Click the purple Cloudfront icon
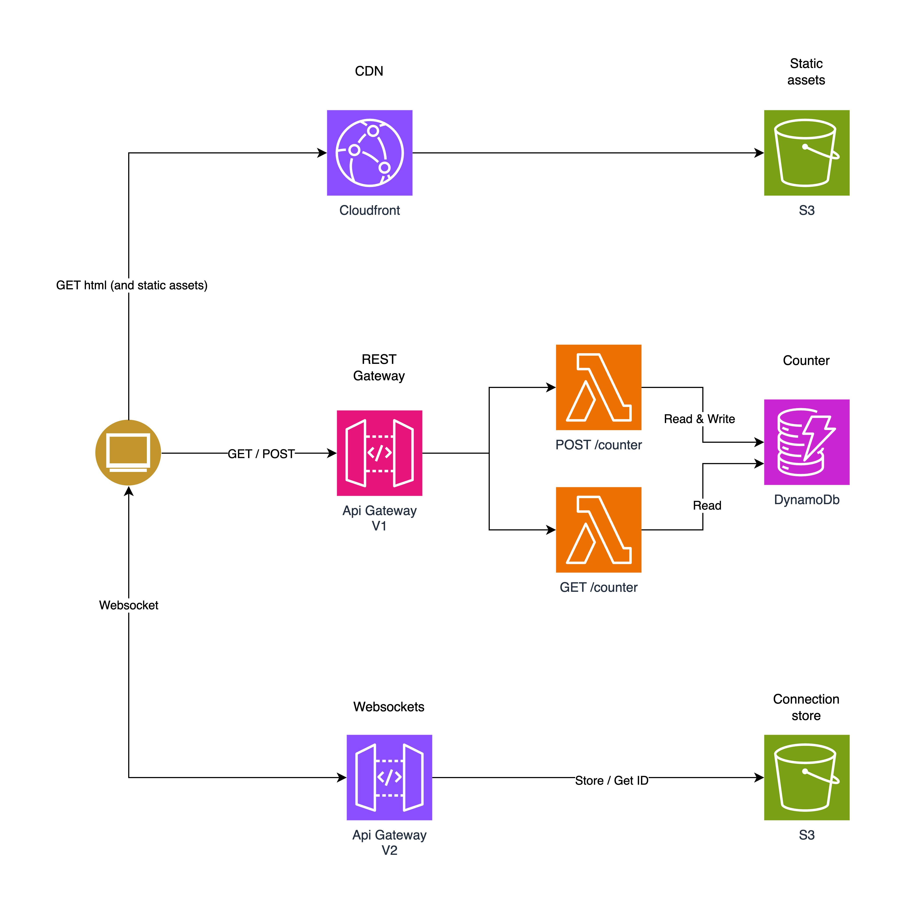pyautogui.click(x=369, y=153)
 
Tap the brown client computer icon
pyautogui.click(x=128, y=453)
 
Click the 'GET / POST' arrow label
pyautogui.click(x=261, y=454)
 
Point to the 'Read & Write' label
pyautogui.click(x=699, y=419)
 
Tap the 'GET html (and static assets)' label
pyautogui.click(x=131, y=285)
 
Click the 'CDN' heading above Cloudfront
pyautogui.click(x=369, y=71)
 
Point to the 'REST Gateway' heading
pyautogui.click(x=379, y=368)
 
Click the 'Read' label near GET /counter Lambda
pyautogui.click(x=707, y=505)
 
